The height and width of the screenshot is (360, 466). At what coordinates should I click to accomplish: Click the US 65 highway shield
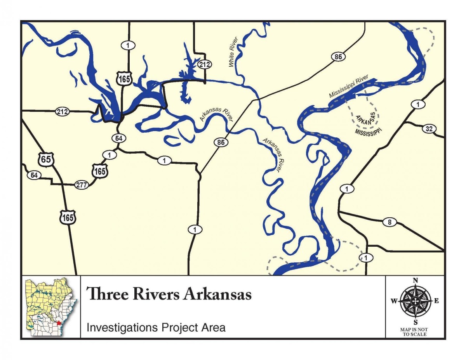[x=46, y=159]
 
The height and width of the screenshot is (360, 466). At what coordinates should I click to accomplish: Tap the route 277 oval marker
[x=81, y=185]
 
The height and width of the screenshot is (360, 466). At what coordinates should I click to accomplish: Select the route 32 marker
[x=429, y=129]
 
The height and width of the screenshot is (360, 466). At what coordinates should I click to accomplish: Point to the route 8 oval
[x=389, y=222]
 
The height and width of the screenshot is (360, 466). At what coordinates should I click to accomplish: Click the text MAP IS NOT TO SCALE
[x=415, y=332]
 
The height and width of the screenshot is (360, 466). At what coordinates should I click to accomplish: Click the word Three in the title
[x=103, y=294]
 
